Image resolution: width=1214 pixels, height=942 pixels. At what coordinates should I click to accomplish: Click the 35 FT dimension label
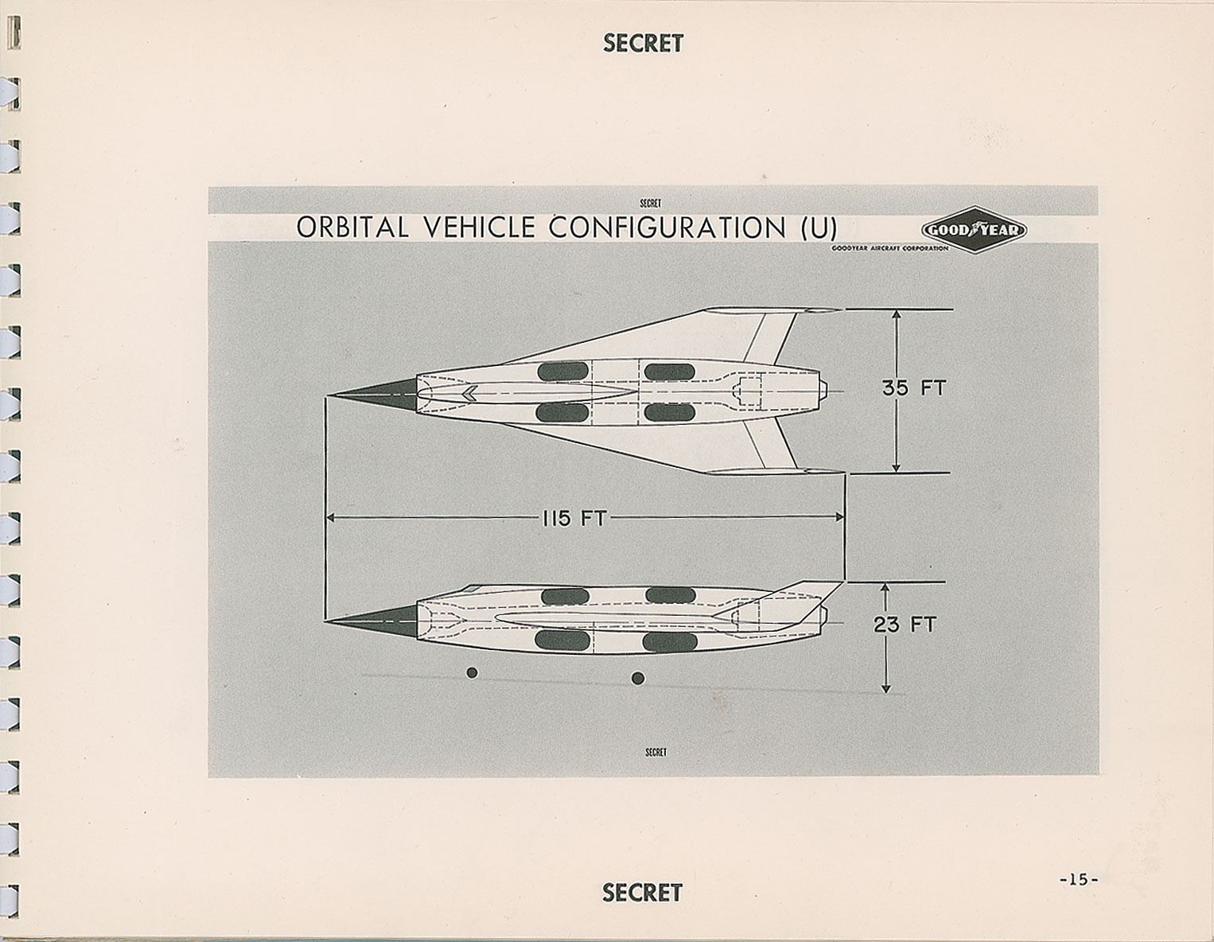(x=914, y=388)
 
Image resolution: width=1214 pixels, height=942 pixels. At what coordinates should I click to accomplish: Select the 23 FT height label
(x=905, y=625)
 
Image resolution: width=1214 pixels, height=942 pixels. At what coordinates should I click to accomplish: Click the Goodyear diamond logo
(x=974, y=231)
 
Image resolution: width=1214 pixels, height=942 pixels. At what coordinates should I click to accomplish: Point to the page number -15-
(x=1078, y=879)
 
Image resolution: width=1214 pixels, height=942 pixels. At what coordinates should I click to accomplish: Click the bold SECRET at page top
(x=643, y=44)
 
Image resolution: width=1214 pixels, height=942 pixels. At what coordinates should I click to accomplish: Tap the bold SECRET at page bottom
(x=642, y=893)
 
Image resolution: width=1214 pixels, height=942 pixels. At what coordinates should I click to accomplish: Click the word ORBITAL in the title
(x=352, y=228)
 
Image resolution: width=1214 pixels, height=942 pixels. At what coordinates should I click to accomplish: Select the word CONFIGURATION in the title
(x=667, y=228)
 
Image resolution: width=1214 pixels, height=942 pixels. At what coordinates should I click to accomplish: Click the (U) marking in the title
(x=815, y=228)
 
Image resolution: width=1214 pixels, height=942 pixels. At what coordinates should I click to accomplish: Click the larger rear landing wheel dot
(x=637, y=678)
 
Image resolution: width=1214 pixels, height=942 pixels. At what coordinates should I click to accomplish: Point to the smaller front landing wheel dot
(x=472, y=672)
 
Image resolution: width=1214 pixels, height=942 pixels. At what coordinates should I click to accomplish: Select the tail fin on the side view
(x=803, y=598)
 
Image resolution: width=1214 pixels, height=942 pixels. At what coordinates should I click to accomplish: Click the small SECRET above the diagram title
(x=650, y=203)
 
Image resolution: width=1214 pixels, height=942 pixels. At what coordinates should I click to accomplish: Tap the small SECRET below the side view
(x=655, y=752)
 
